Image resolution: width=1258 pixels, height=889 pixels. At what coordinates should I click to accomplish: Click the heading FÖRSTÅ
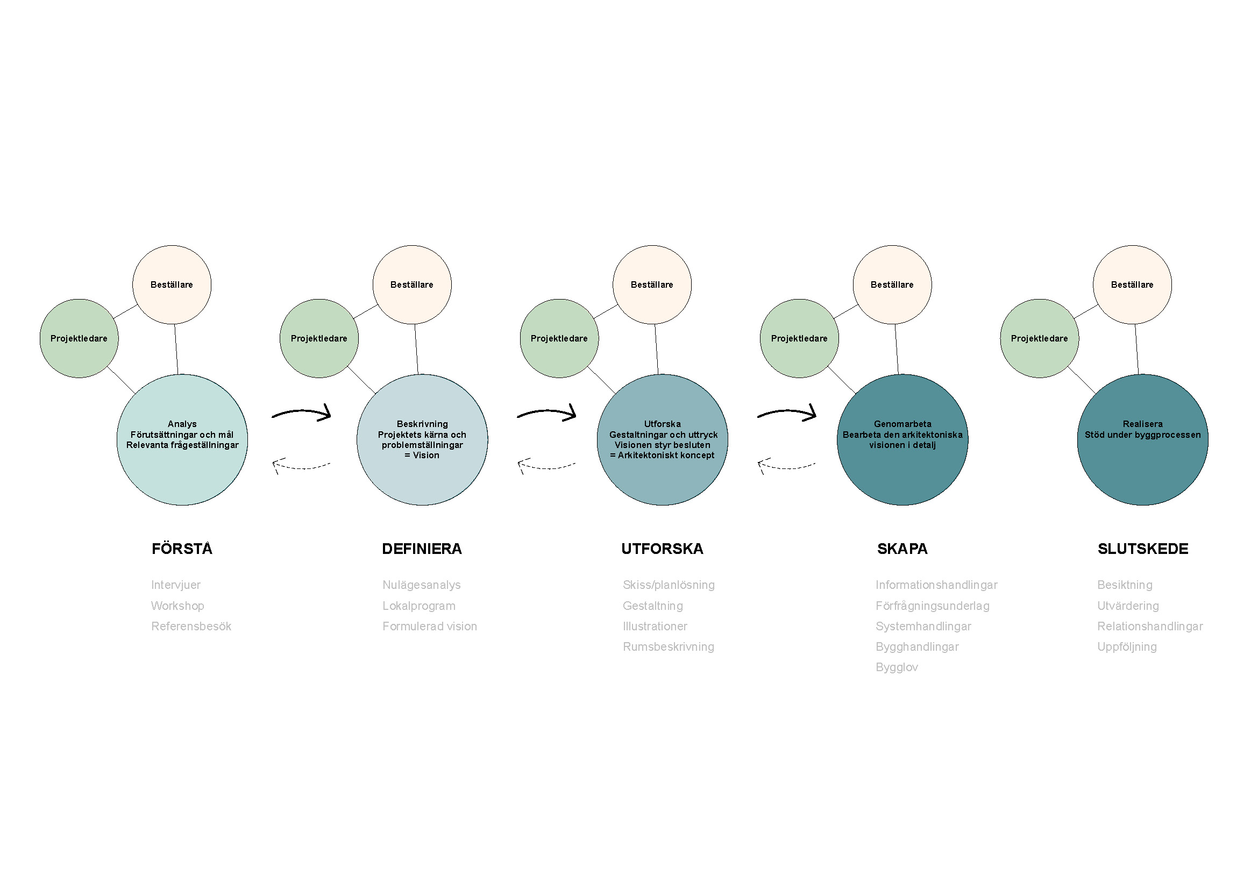[x=182, y=549]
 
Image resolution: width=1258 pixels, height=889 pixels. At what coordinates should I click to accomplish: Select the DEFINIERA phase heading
[x=422, y=549]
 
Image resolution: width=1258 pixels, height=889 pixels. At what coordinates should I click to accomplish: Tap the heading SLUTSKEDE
[x=1143, y=549]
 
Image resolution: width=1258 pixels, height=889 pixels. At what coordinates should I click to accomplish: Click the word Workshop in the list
[x=177, y=606]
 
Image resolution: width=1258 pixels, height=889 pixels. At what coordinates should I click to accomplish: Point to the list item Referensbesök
[x=191, y=626]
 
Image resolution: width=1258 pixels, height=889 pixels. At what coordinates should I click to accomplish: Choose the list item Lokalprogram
[x=419, y=606]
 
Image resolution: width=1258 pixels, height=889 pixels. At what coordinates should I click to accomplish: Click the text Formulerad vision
[x=430, y=626]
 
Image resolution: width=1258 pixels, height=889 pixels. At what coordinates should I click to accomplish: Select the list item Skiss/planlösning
[x=669, y=585]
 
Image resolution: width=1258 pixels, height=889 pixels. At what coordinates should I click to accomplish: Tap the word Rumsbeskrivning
[x=669, y=647]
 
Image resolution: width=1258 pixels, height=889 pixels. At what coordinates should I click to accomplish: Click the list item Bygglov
[x=897, y=667]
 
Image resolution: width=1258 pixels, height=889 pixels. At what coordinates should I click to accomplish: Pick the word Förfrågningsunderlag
[x=933, y=606]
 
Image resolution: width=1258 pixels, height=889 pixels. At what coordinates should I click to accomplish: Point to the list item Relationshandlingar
[x=1150, y=626]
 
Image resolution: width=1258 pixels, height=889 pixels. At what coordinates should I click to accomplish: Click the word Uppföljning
[x=1127, y=647]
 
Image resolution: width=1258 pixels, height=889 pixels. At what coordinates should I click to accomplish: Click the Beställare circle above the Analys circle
[x=172, y=285]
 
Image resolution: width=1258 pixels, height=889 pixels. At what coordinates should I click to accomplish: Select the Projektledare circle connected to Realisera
[x=1040, y=338]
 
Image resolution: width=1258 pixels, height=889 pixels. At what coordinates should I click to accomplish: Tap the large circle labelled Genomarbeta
[x=902, y=440]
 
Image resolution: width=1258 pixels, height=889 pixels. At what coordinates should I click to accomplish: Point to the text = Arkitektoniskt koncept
[x=663, y=455]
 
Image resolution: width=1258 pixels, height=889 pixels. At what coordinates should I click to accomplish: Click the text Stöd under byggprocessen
[x=1143, y=435]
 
